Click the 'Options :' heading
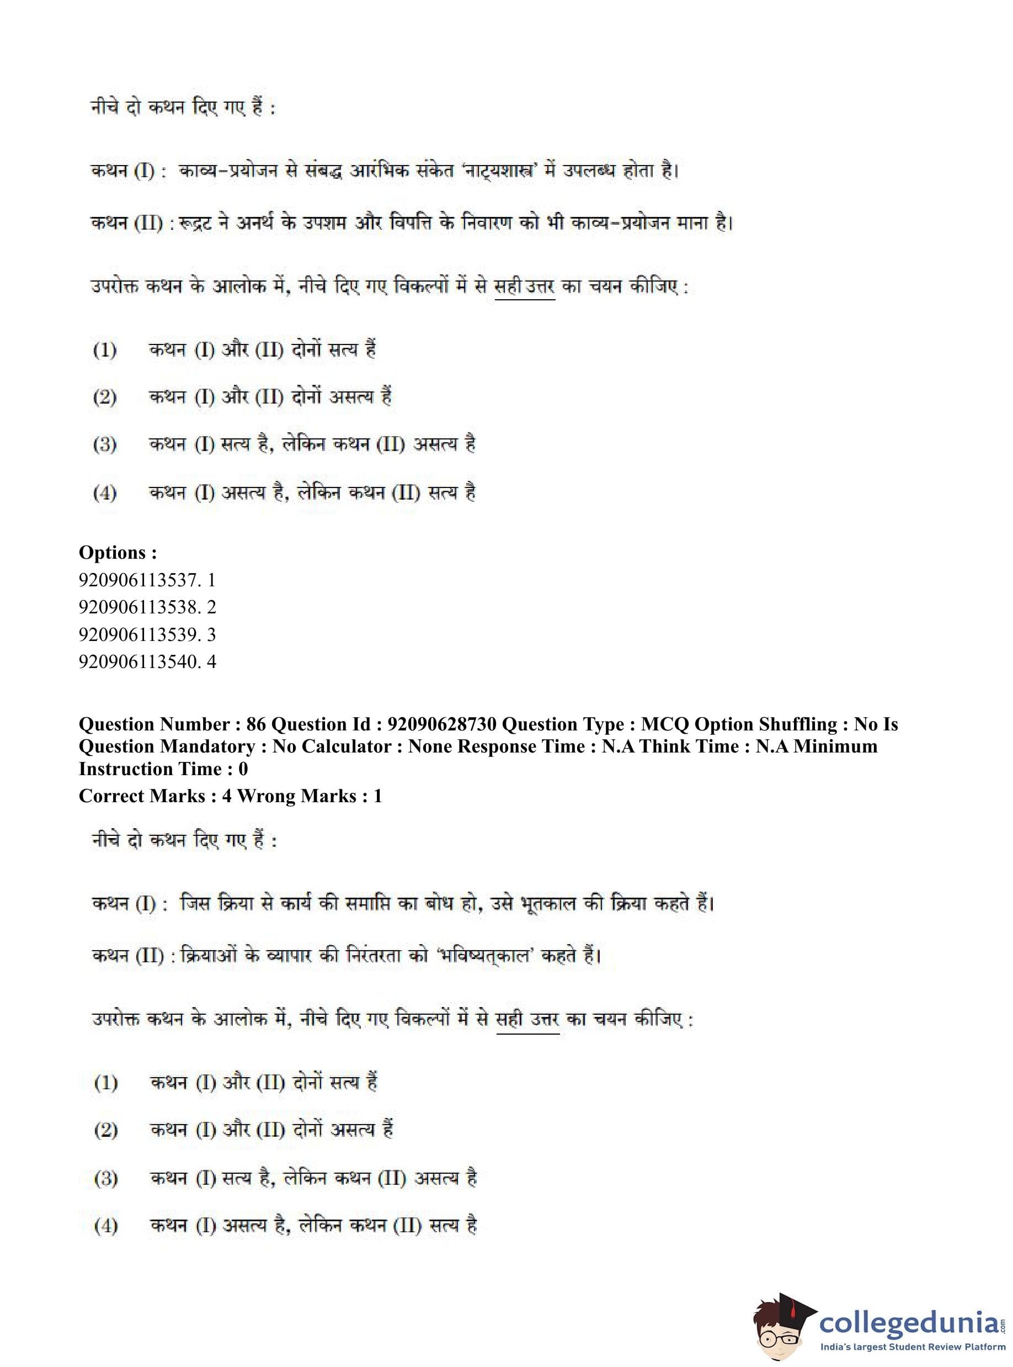tap(118, 552)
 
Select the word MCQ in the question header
tap(665, 724)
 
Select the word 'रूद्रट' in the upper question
tap(195, 222)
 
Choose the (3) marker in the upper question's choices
tap(105, 444)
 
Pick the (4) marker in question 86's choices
tap(105, 1226)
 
